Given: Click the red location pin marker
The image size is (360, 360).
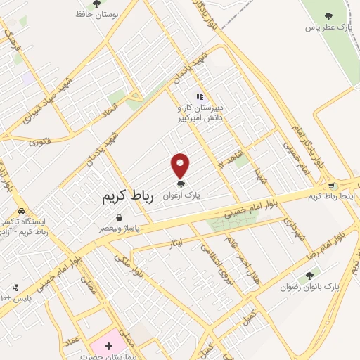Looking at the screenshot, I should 181,165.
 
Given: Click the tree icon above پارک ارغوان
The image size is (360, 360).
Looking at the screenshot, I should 181,184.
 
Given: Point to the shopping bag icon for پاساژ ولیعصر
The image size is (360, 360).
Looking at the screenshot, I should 119,217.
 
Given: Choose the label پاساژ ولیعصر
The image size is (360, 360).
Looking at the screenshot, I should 119,229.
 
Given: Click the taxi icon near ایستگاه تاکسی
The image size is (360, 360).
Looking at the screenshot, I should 21,212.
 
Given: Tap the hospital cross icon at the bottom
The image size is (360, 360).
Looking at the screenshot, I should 108,345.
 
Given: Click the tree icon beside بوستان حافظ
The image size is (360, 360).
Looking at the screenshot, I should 96,4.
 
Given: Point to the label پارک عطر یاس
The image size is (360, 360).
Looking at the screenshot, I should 327,27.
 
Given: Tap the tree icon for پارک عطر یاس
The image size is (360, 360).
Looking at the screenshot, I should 328,16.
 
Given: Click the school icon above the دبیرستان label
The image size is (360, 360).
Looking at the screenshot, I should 200,96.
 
